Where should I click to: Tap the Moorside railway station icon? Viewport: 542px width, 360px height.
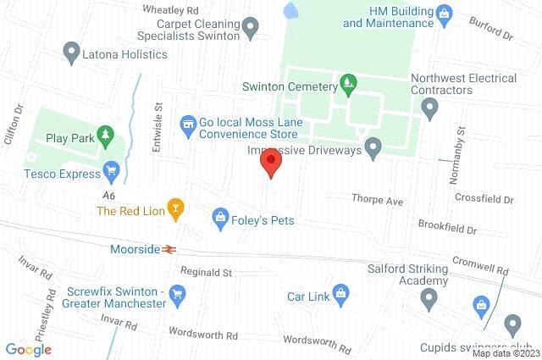170,250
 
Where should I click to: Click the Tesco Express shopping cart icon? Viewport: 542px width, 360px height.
110,171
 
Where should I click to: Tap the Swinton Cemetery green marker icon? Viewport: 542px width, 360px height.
346,83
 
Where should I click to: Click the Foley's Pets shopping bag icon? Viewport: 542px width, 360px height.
220,217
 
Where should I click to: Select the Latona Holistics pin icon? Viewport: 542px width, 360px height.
72,53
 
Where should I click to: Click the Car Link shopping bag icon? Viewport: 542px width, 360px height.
340,294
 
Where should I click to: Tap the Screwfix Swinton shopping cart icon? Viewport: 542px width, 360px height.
176,294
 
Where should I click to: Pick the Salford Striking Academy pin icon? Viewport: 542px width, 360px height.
429,297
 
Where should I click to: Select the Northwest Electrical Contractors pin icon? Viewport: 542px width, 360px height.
429,108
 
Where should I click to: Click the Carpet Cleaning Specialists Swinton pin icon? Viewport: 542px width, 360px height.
250,30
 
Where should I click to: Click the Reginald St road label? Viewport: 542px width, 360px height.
206,273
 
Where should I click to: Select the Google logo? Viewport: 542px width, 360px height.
28,348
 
